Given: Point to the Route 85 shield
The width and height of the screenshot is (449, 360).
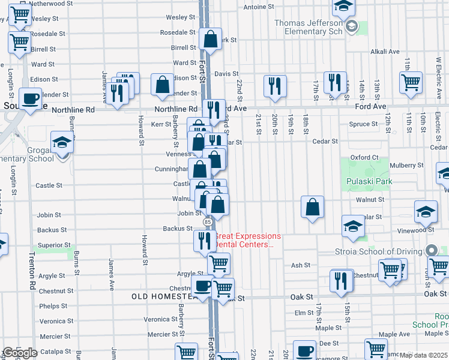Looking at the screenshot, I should (207, 222).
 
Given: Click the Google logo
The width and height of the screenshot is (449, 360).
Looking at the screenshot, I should (20, 353).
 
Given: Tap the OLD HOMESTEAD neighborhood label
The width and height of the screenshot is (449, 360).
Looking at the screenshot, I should (163, 296).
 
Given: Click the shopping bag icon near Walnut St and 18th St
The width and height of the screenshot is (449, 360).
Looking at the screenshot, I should (312, 208).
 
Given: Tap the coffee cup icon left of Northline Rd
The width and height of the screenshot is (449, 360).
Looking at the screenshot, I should (30, 98).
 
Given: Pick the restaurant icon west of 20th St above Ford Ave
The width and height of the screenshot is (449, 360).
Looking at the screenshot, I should (275, 86).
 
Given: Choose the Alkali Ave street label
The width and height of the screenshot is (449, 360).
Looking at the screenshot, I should (385, 52).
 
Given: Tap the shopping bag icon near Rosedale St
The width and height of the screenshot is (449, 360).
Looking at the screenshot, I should (210, 40).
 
